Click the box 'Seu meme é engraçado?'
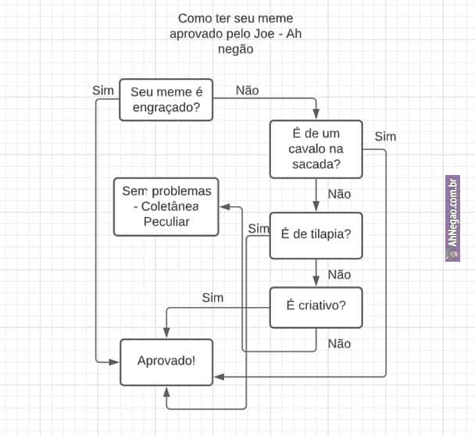[166, 100]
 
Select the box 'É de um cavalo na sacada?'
[316, 149]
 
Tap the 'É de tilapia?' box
[316, 235]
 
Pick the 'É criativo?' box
[316, 306]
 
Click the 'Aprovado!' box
[166, 361]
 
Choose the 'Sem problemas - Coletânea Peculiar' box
[166, 206]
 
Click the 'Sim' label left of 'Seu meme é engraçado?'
[103, 90]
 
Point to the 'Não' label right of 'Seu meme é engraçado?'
[247, 90]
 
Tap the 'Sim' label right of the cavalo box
[385, 137]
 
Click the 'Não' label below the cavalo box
[339, 194]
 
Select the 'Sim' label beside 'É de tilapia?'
[258, 228]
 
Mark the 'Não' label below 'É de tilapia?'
[339, 274]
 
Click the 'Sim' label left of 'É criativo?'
[212, 297]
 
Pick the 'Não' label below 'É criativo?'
[339, 343]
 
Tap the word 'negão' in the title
[235, 48]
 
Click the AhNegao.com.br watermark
[452, 218]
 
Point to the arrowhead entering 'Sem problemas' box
[224, 207]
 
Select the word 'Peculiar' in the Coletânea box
[166, 221]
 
